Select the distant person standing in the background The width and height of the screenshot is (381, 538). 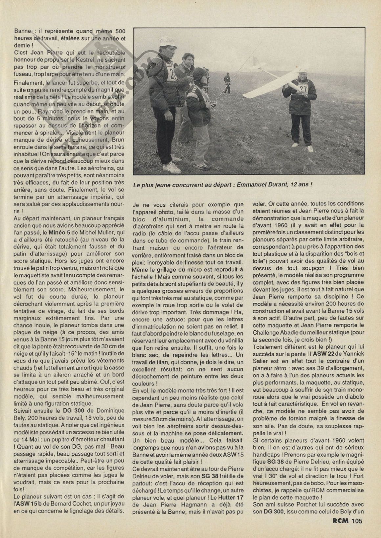point(227,82)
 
